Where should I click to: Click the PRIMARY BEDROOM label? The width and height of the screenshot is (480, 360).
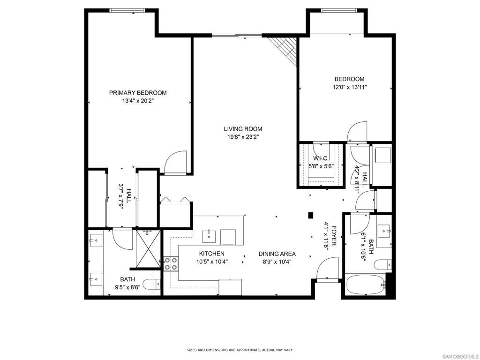(138, 93)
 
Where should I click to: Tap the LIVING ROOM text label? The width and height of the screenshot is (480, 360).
(243, 129)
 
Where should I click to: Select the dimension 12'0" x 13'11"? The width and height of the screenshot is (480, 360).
(350, 87)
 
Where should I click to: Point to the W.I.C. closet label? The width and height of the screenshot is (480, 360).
(320, 158)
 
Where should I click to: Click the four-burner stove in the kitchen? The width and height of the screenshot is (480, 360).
(171, 263)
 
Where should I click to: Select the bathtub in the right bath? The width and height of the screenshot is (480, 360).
(365, 285)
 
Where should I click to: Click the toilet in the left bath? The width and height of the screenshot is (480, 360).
(152, 285)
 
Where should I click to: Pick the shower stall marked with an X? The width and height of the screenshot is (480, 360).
(148, 248)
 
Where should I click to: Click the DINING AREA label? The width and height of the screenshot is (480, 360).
(277, 254)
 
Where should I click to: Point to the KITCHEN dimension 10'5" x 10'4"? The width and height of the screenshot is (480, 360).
(212, 262)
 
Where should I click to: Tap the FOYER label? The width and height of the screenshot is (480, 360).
(334, 236)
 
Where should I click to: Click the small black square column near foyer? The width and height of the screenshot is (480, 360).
(310, 215)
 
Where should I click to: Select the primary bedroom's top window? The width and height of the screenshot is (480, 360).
(127, 10)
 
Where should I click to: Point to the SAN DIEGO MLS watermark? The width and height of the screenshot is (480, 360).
(461, 356)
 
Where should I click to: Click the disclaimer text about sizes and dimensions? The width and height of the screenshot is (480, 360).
(240, 350)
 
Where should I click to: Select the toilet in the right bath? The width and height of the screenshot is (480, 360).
(382, 264)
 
